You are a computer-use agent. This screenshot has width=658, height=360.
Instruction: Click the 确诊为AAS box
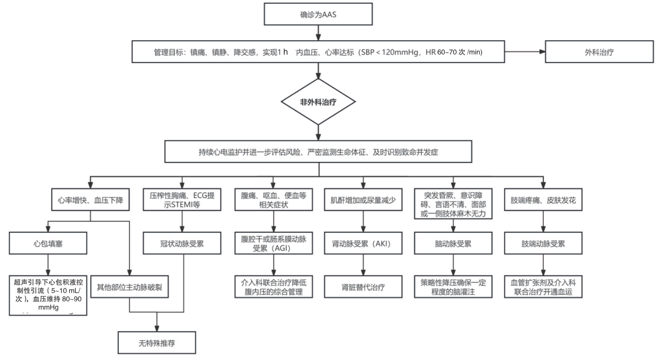tap(318, 14)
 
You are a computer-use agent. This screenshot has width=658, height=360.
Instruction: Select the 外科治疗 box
tap(599, 52)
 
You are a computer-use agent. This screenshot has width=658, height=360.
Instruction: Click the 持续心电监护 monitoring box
tap(318, 152)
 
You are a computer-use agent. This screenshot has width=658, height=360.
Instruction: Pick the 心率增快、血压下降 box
tap(90, 201)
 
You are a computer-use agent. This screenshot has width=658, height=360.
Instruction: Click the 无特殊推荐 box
tap(157, 343)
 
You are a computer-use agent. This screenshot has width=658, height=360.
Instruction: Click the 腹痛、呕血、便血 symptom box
tap(274, 200)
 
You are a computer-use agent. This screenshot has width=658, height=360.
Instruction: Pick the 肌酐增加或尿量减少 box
tap(362, 201)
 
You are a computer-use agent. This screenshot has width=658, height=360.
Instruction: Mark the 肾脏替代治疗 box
tap(362, 287)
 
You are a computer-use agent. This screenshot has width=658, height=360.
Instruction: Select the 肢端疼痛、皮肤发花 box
tap(543, 201)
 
